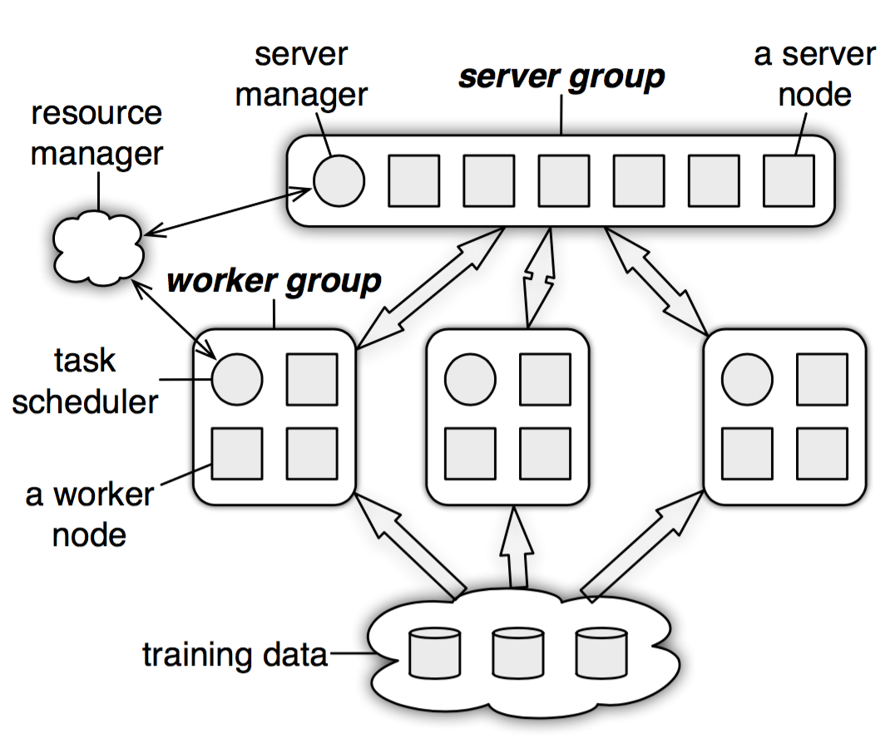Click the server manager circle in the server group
point(339,180)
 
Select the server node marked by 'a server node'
point(789,180)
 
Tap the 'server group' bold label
point(561,77)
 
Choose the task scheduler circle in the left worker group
point(237,379)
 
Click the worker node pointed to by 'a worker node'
point(237,454)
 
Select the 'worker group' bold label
point(274,281)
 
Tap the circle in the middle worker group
point(470,379)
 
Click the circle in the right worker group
point(747,379)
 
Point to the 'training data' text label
point(235,655)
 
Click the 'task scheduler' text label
point(85,381)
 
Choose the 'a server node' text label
point(814,75)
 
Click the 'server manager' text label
point(300,75)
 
